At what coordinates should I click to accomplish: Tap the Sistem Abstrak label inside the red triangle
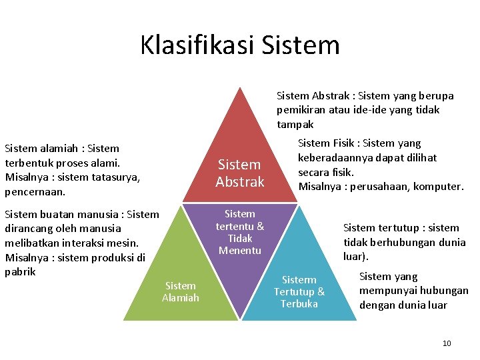(240, 173)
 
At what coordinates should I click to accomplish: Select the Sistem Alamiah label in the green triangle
(181, 292)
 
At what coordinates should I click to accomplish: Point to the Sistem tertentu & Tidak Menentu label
(240, 232)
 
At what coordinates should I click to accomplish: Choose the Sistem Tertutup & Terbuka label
(299, 292)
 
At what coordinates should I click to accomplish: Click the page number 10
(447, 343)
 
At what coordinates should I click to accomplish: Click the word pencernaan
(35, 192)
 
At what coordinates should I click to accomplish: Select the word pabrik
(20, 272)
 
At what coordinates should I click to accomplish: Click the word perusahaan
(378, 187)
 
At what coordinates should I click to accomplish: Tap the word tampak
(295, 125)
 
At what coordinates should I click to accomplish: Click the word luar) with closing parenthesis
(356, 257)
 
